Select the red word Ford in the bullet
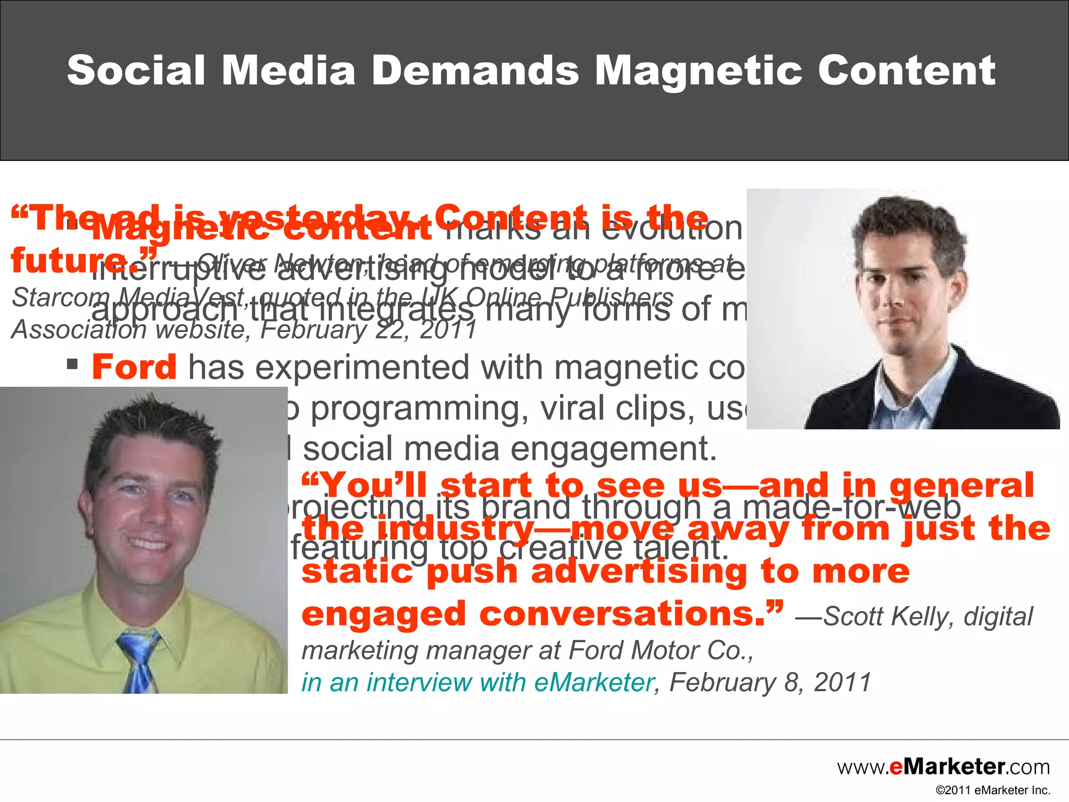pyautogui.click(x=134, y=367)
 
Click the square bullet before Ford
pyautogui.click(x=73, y=363)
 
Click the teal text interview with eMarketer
pyautogui.click(x=478, y=682)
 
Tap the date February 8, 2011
pyautogui.click(x=770, y=682)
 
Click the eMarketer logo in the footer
pyautogui.click(x=944, y=766)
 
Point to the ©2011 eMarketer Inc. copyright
pyautogui.click(x=992, y=790)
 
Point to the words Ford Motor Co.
pyautogui.click(x=660, y=651)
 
